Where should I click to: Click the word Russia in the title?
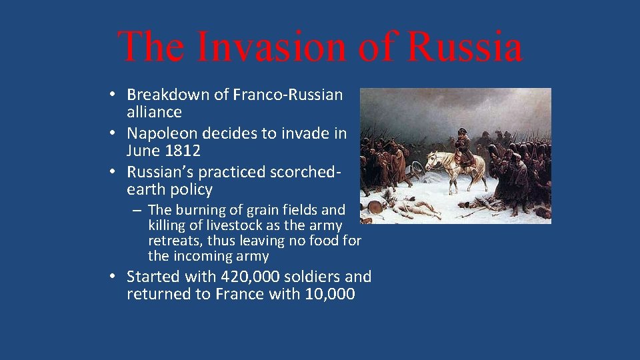[465, 47]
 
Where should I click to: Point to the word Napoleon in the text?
[160, 133]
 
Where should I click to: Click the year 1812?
[182, 151]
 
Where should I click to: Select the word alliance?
[154, 112]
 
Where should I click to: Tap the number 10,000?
[330, 294]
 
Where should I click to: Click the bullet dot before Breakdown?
[115, 95]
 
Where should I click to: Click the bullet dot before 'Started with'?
[115, 277]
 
